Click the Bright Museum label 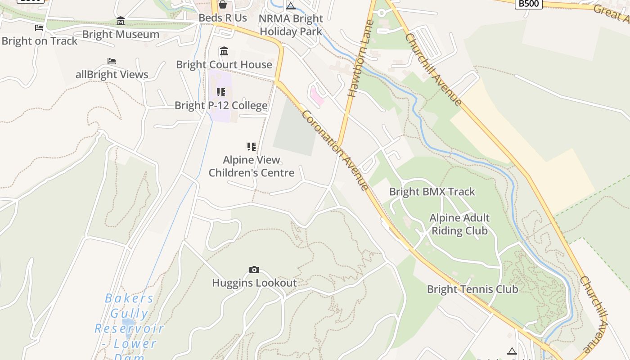121,34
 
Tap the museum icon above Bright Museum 121,21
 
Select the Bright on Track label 40,41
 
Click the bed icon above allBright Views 112,61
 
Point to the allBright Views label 112,74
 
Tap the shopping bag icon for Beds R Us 223,4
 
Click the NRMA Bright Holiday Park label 291,25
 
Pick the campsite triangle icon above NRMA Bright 291,6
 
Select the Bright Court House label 224,64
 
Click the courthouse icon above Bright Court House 224,51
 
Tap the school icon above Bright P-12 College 221,92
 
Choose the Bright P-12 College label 221,105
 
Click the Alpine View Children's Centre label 252,166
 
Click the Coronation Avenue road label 336,150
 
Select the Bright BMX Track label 432,192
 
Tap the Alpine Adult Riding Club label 459,224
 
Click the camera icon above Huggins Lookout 254,270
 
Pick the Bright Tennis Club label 472,289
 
